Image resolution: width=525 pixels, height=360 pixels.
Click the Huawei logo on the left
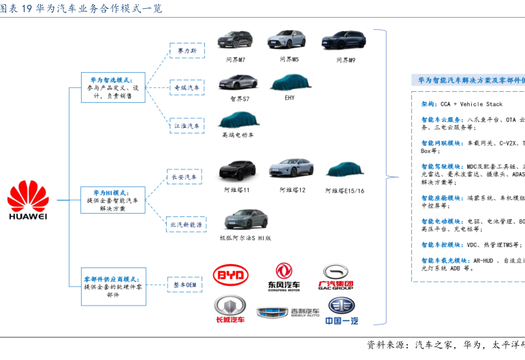(x=28, y=200)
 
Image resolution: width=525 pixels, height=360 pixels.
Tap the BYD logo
(x=231, y=276)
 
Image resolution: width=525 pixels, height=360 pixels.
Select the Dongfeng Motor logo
(x=283, y=276)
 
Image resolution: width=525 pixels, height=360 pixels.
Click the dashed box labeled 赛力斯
(x=187, y=51)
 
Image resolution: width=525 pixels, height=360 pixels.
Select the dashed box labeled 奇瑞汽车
(x=187, y=88)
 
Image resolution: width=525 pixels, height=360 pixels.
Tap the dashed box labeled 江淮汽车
(x=187, y=126)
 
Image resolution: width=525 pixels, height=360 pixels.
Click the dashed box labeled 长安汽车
(x=183, y=177)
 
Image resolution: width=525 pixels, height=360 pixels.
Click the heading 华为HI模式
(x=112, y=193)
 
